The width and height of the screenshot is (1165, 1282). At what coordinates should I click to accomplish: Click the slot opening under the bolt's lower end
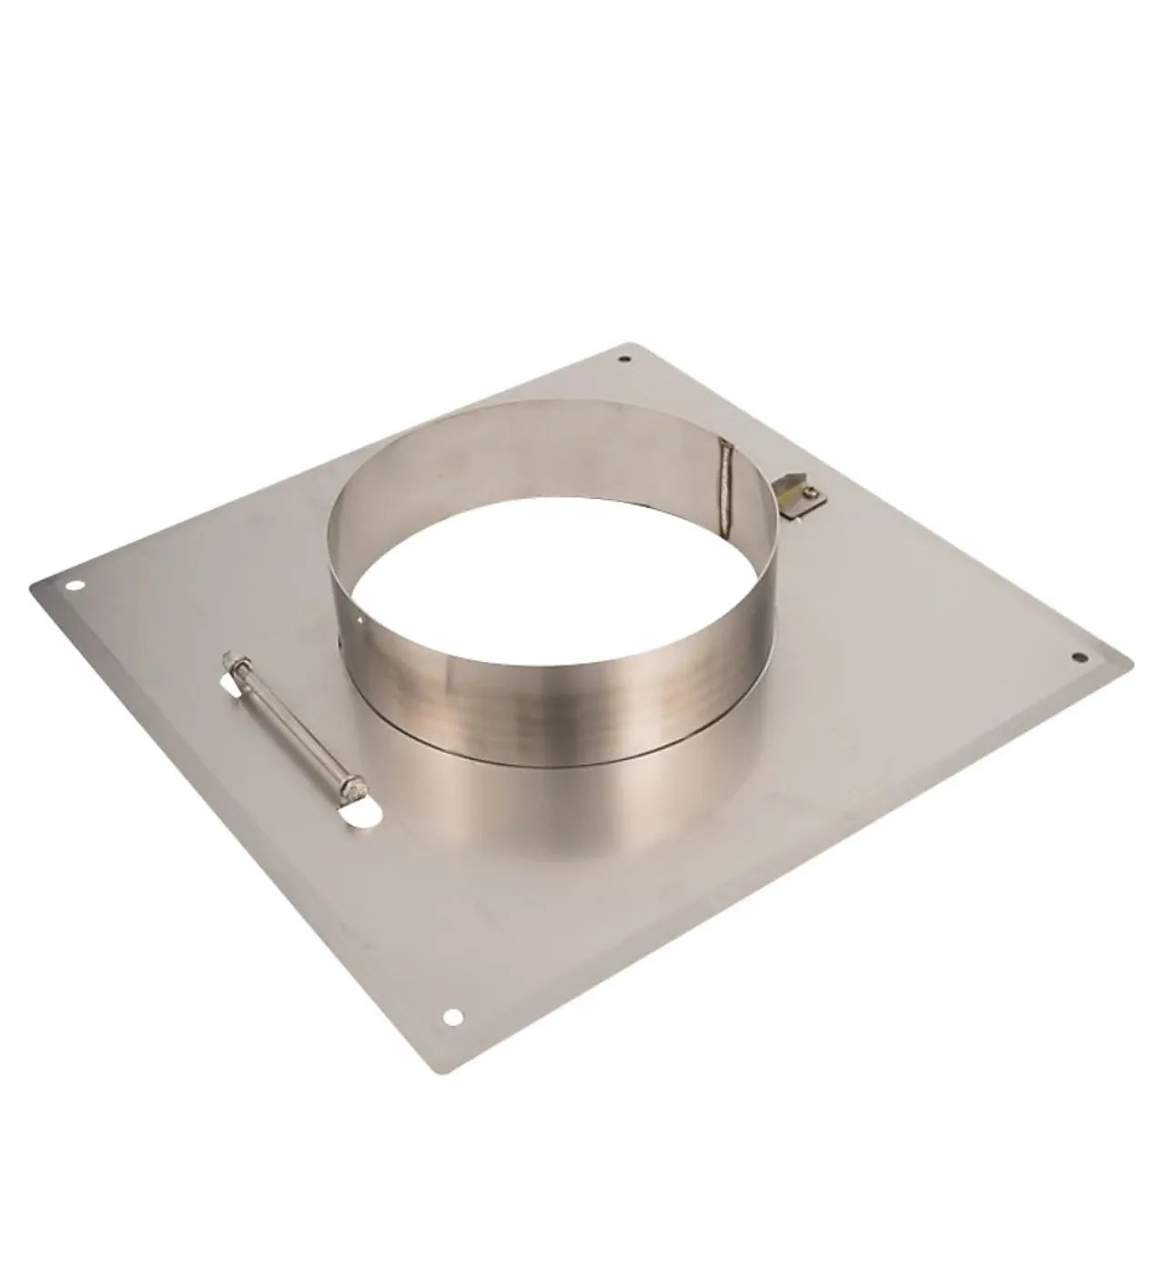362,819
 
